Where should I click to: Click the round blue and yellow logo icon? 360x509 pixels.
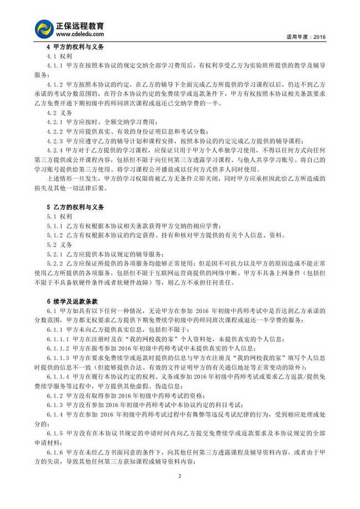pyautogui.click(x=44, y=29)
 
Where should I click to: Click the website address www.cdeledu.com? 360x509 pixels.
pyautogui.click(x=78, y=35)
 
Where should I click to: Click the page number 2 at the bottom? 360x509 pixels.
pyautogui.click(x=180, y=476)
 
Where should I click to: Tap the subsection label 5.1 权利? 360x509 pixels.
pyautogui.click(x=57, y=217)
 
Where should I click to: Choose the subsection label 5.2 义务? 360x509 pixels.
pyautogui.click(x=57, y=244)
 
